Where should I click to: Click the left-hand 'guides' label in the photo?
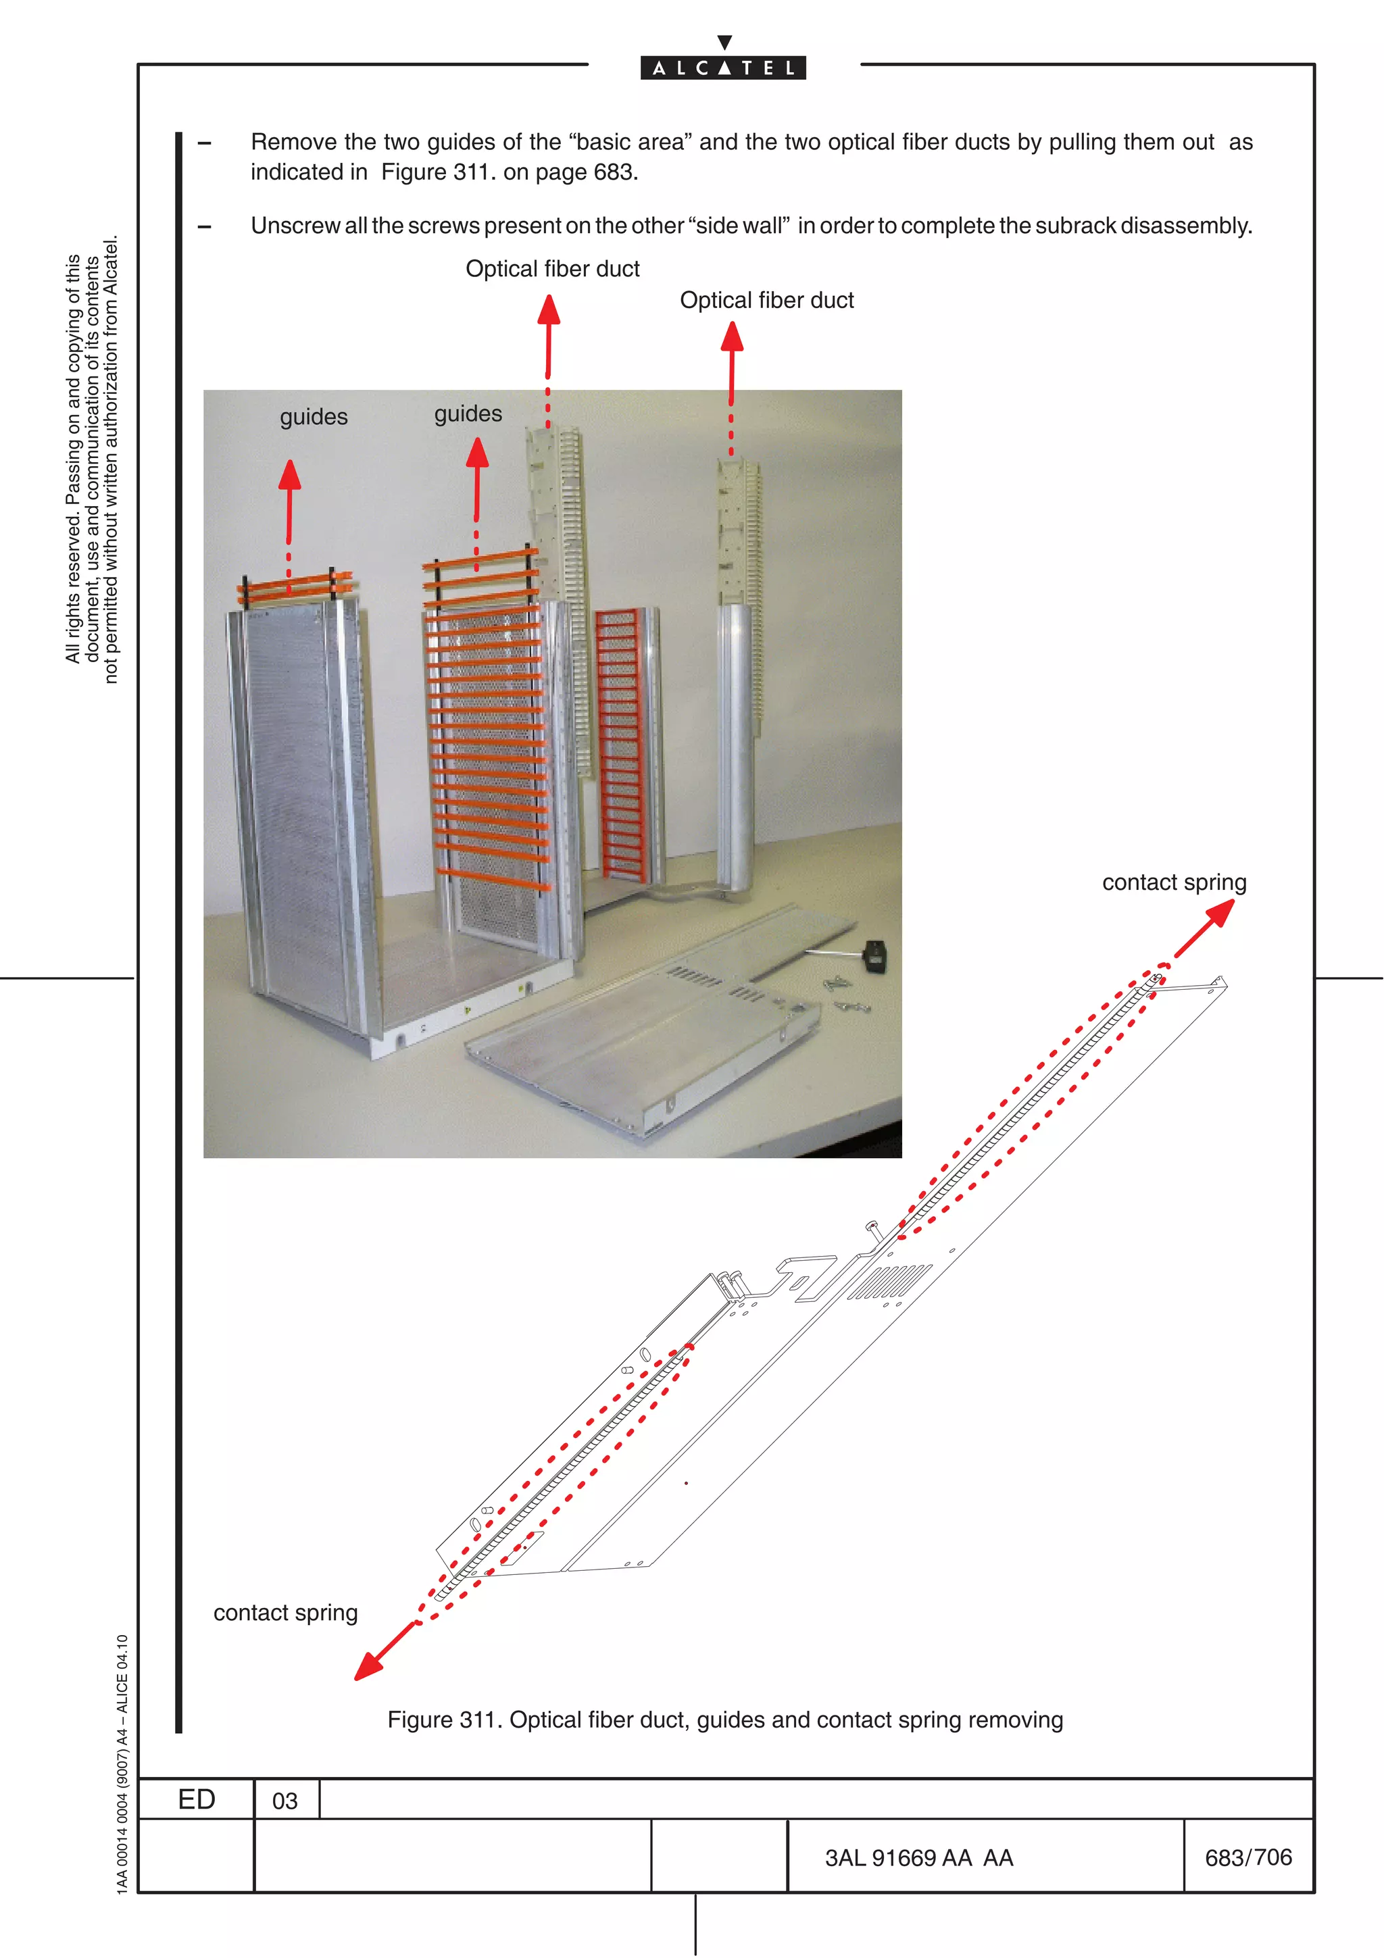[314, 417]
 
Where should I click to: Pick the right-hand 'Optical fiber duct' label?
[766, 300]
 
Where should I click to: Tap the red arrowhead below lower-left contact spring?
[368, 1665]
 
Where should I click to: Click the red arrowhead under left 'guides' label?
[290, 476]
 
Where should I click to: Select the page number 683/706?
[1247, 1857]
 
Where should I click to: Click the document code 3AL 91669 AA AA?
[918, 1857]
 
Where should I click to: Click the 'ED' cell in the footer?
[196, 1799]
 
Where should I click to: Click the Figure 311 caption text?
[725, 1719]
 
